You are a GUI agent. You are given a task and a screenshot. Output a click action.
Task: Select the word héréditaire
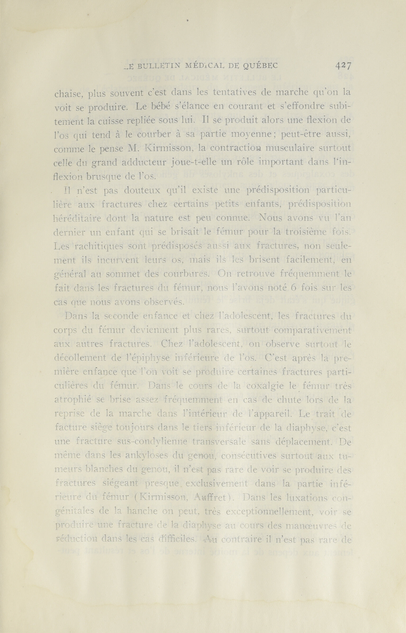(75, 218)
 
